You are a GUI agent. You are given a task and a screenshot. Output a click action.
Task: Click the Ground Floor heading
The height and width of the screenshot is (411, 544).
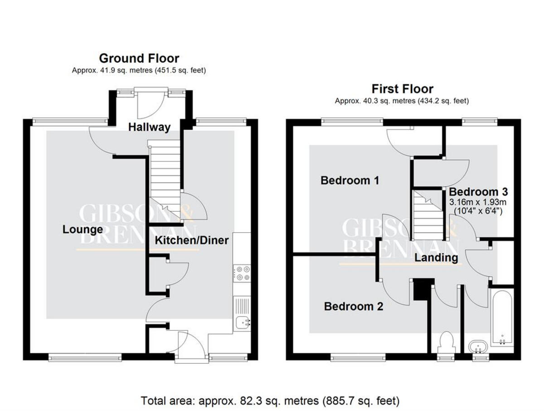pos(139,59)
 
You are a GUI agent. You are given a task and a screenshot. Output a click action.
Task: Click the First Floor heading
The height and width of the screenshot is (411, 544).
pos(403,89)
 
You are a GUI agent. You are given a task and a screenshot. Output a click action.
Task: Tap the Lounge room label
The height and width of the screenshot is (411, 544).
pos(83,230)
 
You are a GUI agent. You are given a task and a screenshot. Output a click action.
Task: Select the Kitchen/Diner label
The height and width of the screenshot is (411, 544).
pos(192,240)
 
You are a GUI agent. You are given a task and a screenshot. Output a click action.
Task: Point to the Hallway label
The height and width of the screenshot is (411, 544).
pos(150,127)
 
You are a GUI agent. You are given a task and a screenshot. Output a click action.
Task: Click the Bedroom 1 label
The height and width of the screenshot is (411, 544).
pos(350,181)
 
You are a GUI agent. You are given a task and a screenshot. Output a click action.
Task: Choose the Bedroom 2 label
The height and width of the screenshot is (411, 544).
pos(354,307)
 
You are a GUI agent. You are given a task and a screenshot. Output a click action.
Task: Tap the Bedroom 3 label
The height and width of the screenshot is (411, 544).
pos(478,192)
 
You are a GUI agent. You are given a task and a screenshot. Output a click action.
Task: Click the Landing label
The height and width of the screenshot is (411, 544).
pos(436,258)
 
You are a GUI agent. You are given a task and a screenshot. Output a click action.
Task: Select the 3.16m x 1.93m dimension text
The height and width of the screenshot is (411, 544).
pos(478,202)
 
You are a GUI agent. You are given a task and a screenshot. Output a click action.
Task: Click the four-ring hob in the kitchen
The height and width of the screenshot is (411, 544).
pos(242,274)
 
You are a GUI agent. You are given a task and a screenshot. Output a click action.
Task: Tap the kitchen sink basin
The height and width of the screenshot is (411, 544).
pos(243,322)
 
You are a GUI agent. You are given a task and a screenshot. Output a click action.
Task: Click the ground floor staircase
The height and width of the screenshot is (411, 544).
pos(164,180)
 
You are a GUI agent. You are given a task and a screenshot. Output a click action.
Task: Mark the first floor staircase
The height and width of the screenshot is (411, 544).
pos(428,215)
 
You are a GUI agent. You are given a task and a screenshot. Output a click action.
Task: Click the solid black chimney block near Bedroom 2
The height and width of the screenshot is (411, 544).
pos(424,289)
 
